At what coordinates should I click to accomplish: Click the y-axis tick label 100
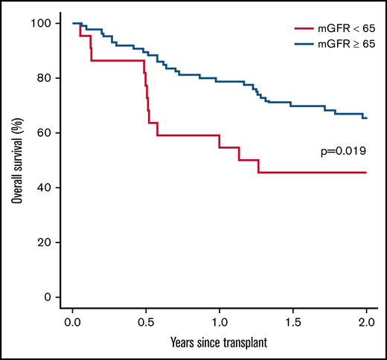pyautogui.click(x=45, y=24)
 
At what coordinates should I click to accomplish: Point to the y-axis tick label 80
pyautogui.click(x=48, y=78)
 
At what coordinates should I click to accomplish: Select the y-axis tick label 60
pyautogui.click(x=48, y=133)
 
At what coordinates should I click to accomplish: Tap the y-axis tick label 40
pyautogui.click(x=48, y=187)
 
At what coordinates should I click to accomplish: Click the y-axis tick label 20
pyautogui.click(x=48, y=242)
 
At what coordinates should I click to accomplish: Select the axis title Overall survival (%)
pyautogui.click(x=16, y=160)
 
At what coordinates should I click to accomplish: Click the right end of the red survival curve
pyautogui.click(x=366, y=173)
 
